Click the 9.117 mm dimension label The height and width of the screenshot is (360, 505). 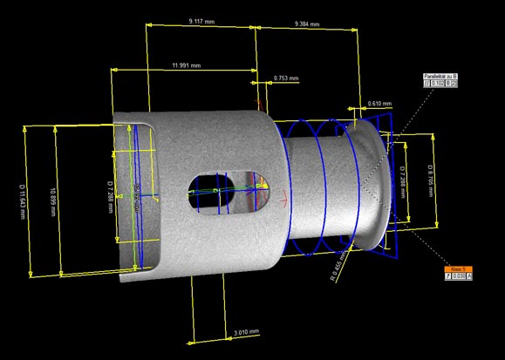[201, 20]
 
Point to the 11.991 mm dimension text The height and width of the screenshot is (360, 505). [186, 65]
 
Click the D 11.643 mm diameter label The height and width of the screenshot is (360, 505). [21, 198]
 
